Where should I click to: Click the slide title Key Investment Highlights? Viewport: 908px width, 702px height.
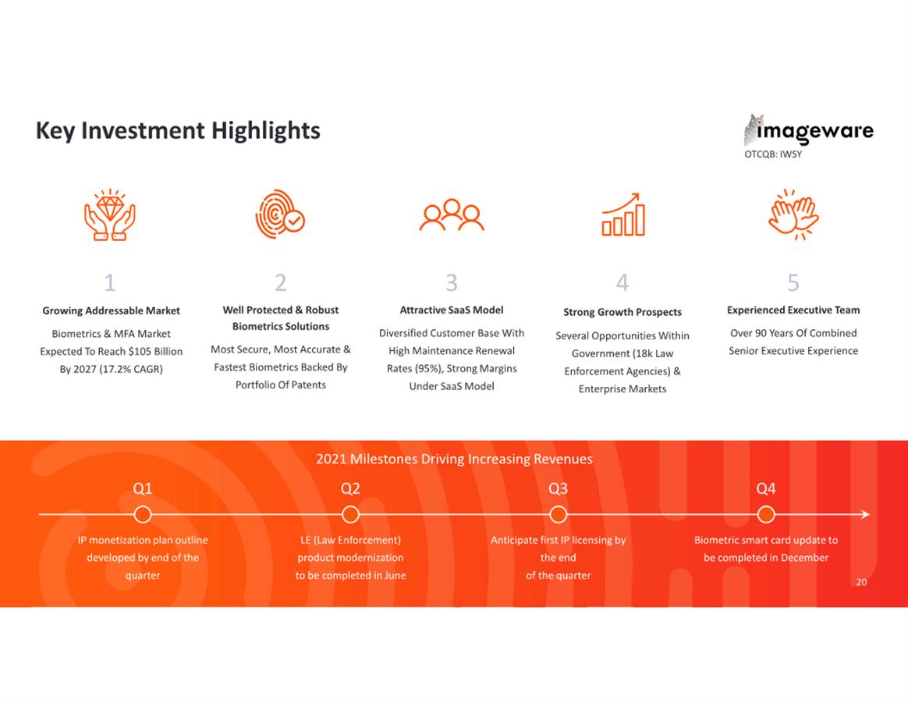(178, 131)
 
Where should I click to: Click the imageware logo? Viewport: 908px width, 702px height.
(808, 130)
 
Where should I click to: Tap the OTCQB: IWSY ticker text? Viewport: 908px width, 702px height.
(773, 154)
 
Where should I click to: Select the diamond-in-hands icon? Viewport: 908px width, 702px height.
(110, 214)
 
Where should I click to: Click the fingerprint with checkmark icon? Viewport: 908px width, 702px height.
(280, 214)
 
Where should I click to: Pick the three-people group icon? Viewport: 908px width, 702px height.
(452, 215)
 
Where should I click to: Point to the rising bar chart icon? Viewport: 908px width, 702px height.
(623, 214)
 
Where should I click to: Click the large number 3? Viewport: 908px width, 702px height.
(452, 282)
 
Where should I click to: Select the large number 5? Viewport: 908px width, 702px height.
(793, 282)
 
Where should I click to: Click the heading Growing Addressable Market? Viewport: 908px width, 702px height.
(112, 310)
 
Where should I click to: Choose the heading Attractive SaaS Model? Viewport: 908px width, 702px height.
(452, 310)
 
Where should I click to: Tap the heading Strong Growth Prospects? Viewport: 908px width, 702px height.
(622, 312)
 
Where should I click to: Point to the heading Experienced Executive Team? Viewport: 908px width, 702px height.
(793, 310)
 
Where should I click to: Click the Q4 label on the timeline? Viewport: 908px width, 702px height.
(765, 488)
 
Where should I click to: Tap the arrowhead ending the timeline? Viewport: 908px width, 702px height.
(866, 514)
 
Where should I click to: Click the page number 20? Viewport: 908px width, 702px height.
(862, 582)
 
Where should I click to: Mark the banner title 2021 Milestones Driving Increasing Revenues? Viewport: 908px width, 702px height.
(454, 459)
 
